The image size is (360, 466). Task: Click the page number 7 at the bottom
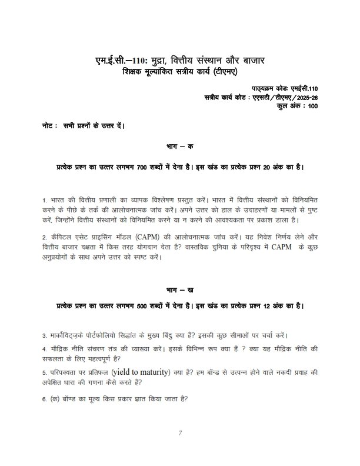tap(181, 434)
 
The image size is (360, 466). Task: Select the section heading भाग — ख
tap(180, 291)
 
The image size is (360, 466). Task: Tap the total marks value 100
tap(312, 106)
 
